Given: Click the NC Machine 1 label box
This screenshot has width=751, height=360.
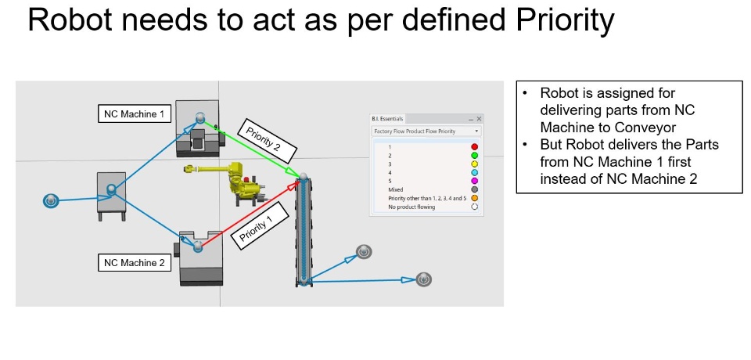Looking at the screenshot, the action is pyautogui.click(x=135, y=114).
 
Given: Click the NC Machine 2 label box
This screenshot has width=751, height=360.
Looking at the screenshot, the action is pyautogui.click(x=135, y=263).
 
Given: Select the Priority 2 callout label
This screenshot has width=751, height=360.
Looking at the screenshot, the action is pyautogui.click(x=267, y=139).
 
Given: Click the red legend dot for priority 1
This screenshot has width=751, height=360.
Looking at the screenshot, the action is pyautogui.click(x=475, y=146).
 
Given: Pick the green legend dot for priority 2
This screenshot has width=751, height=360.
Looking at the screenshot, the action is pyautogui.click(x=475, y=155).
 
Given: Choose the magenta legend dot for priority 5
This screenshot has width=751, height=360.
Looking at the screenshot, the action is pyautogui.click(x=475, y=181).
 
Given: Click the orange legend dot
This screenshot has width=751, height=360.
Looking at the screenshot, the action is pyautogui.click(x=475, y=197).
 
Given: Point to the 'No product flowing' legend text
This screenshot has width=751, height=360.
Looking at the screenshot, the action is pyautogui.click(x=411, y=207).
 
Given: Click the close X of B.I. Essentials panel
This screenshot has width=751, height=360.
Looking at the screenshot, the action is pyautogui.click(x=479, y=118).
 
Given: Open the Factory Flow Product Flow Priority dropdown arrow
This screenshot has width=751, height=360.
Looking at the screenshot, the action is pyautogui.click(x=476, y=131).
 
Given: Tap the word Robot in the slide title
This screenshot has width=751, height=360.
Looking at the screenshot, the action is pyautogui.click(x=70, y=20).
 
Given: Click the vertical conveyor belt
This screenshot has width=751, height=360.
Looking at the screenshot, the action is pyautogui.click(x=304, y=231).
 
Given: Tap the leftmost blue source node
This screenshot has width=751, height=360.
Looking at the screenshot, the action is pyautogui.click(x=50, y=201).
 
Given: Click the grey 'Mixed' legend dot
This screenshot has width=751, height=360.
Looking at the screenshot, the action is pyautogui.click(x=475, y=189).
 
